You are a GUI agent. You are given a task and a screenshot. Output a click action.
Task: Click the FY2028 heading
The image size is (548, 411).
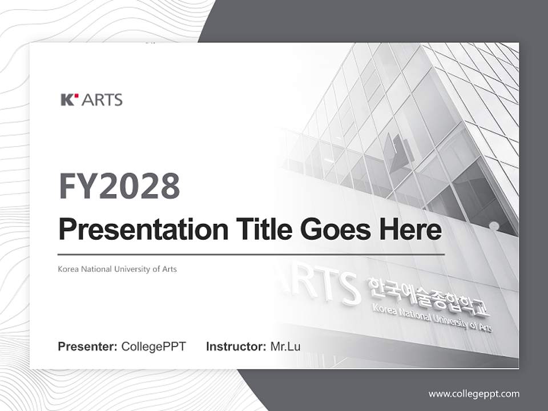119,186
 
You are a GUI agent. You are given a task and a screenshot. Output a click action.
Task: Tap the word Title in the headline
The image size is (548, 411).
252,229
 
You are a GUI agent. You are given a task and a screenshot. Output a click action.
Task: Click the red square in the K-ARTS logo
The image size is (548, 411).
74,96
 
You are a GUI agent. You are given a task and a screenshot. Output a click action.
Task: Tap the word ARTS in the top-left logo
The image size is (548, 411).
102,100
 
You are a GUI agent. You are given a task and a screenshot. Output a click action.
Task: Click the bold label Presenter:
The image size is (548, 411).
88,346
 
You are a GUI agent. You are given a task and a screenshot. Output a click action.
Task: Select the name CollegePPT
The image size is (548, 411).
154,346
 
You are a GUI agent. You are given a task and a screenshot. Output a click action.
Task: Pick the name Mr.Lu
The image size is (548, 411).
285,346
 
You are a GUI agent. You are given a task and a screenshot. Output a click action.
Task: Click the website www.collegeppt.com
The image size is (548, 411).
474,394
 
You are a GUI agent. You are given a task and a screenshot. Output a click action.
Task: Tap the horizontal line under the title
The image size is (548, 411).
251,253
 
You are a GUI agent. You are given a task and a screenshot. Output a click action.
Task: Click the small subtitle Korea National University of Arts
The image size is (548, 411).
117,269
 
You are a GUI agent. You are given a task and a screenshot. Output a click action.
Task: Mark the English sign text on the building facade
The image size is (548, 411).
431,317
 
